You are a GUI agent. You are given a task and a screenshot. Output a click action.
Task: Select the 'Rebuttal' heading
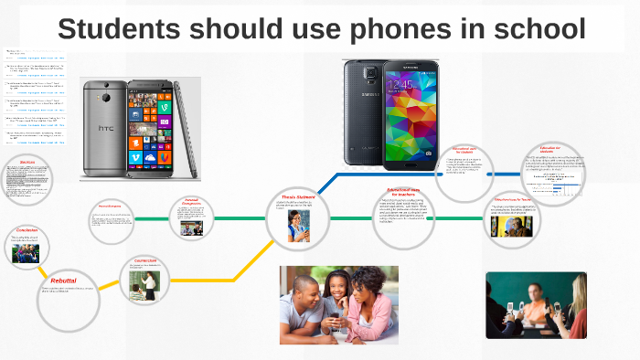(64, 281)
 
